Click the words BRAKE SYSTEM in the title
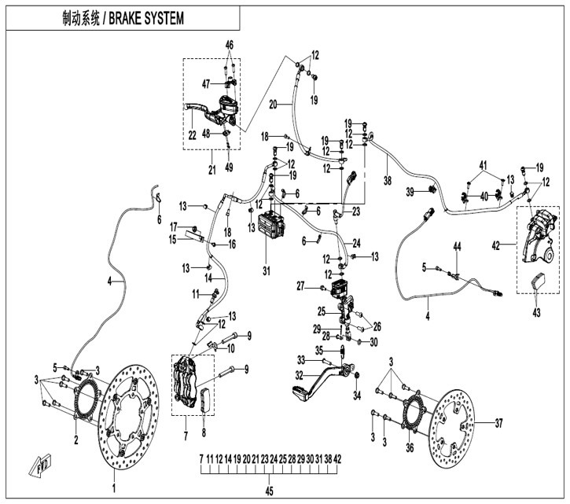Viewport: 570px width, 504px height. tap(146, 19)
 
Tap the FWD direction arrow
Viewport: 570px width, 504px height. tap(40, 465)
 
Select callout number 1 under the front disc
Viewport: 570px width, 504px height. tap(114, 487)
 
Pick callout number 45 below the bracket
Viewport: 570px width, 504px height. tap(269, 491)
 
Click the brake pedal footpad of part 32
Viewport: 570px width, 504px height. tap(300, 392)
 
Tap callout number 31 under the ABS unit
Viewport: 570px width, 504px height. tap(267, 271)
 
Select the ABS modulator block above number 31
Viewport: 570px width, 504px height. tap(271, 225)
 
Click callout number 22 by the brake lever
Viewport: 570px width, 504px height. tap(193, 135)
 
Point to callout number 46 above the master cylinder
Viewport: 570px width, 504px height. tap(230, 45)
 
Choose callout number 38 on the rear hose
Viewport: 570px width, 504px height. tap(388, 180)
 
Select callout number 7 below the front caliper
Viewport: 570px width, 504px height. tap(186, 436)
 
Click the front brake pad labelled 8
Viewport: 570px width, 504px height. tap(206, 400)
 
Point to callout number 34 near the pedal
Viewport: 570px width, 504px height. tap(358, 395)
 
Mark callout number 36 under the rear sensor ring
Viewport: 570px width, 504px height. tap(410, 447)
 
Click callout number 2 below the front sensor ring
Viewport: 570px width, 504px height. tap(76, 440)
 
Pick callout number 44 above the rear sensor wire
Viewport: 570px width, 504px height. tap(457, 247)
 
